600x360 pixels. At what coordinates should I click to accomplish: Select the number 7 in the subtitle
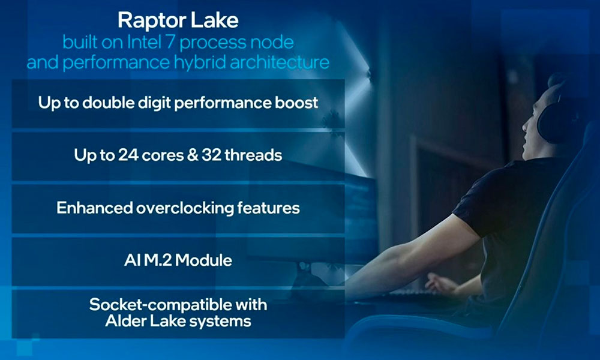click(170, 42)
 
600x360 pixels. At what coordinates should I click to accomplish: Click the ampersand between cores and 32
click(193, 155)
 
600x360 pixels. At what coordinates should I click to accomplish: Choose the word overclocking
click(185, 208)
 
